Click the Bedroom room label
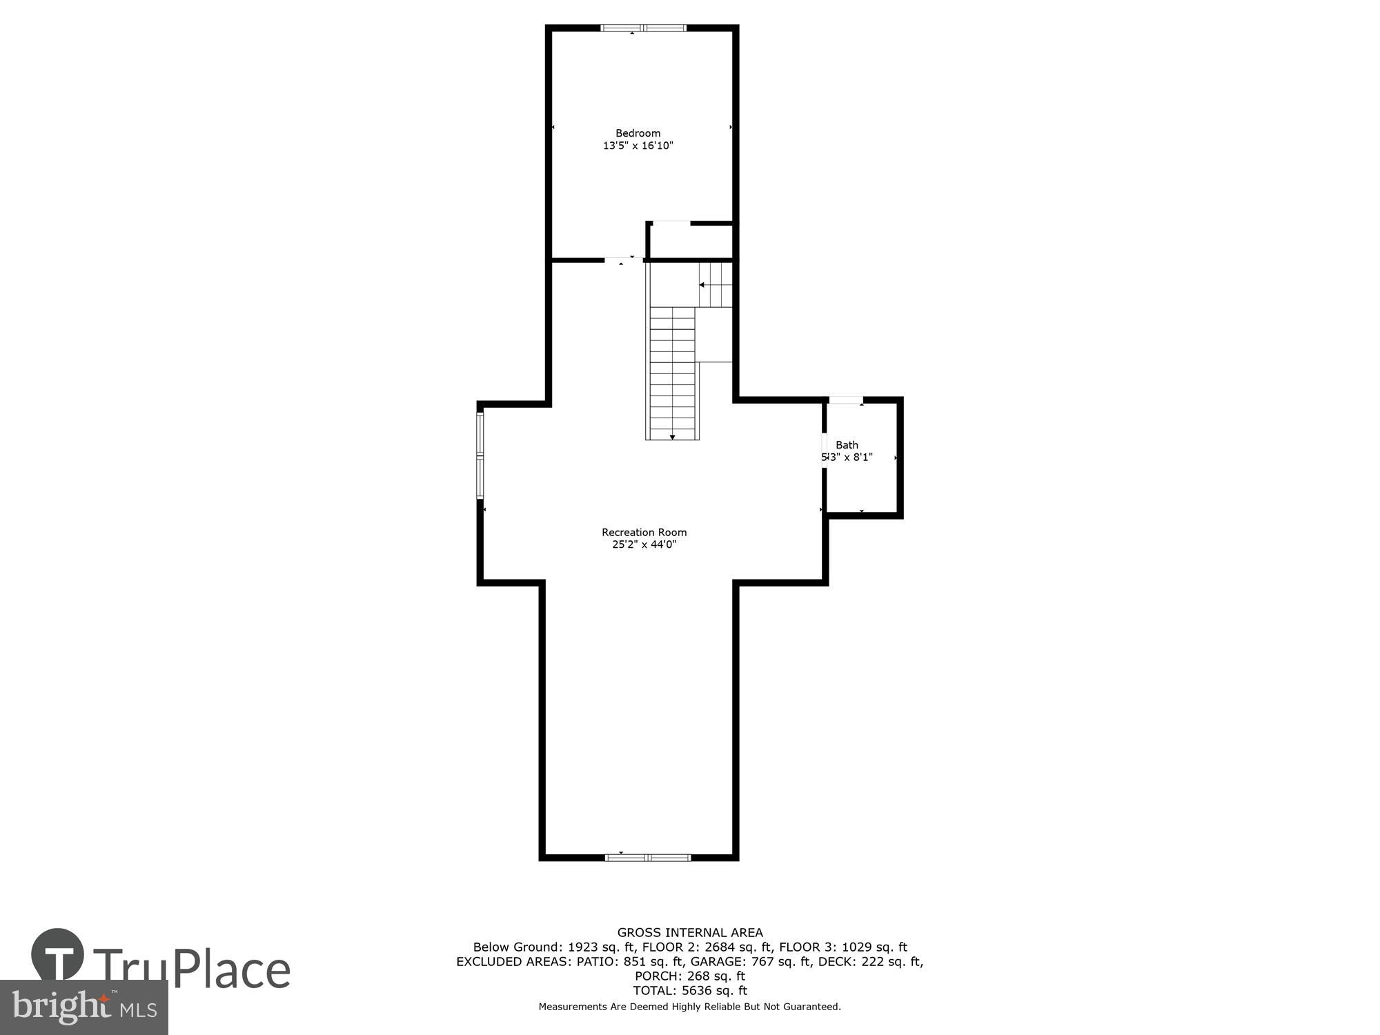638,133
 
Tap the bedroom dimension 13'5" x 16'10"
638,146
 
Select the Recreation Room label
644,532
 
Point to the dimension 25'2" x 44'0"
644,544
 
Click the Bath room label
847,445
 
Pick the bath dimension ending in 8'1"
847,457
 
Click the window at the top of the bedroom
643,28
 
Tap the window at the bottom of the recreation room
647,858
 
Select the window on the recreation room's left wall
480,455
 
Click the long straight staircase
673,373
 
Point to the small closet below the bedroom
690,241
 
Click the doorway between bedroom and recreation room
623,260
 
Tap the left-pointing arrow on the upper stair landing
702,284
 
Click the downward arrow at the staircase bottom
672,437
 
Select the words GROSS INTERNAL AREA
689,933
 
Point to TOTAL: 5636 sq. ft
689,991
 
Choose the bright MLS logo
83,1008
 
